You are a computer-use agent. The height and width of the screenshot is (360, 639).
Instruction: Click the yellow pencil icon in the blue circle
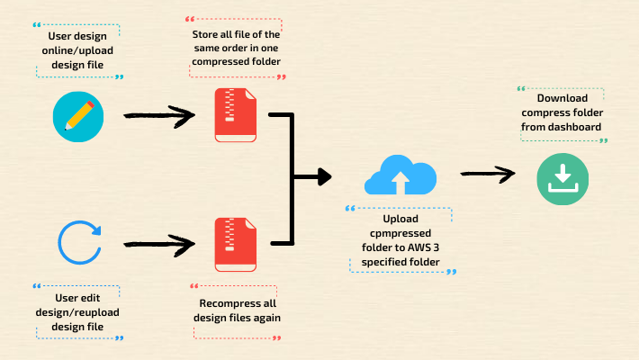point(78,116)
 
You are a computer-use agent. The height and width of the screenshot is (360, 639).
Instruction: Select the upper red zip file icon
point(235,115)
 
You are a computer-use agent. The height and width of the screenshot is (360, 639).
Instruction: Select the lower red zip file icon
point(235,243)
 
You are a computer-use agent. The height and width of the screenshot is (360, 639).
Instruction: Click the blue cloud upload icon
point(400,175)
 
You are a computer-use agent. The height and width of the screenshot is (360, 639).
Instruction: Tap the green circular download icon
point(562,177)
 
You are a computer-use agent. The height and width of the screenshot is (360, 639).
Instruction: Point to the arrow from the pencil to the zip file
point(158,115)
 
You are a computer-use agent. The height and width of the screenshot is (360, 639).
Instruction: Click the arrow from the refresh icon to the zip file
point(158,242)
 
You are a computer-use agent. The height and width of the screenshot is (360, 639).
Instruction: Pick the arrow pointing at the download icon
point(488,174)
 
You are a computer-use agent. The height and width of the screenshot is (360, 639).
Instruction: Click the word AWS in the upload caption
point(424,247)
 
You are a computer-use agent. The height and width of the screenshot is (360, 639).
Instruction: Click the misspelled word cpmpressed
point(400,233)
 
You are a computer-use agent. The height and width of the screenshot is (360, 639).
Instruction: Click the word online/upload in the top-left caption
point(78,50)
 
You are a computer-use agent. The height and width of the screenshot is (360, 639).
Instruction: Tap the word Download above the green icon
point(562,98)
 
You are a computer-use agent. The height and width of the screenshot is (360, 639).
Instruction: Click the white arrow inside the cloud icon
point(400,183)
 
